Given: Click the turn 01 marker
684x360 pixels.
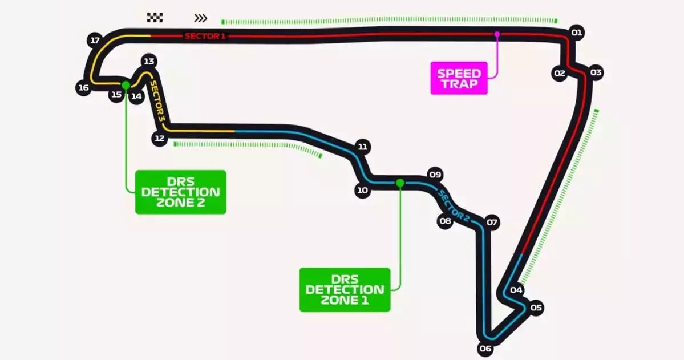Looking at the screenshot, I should [x=576, y=33].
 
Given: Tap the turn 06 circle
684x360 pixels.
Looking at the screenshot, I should [x=485, y=349].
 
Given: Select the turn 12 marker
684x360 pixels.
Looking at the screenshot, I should [x=159, y=138].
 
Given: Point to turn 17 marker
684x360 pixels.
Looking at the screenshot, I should [x=95, y=41].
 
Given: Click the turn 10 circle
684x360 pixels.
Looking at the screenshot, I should [x=362, y=190].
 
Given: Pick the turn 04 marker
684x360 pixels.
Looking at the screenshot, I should [x=516, y=290].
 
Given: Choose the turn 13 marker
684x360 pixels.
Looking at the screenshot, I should [x=149, y=61].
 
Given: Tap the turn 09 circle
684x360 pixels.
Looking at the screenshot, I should [x=435, y=175].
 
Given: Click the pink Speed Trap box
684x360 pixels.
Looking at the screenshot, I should [x=459, y=78].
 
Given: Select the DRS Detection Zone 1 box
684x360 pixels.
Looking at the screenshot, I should [x=345, y=290].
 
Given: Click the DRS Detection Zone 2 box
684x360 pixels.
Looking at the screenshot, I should [x=180, y=192].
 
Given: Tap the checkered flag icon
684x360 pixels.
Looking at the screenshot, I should [x=155, y=18].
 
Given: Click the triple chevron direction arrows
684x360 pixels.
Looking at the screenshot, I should [x=200, y=18].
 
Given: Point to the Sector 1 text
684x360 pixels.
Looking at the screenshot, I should [x=205, y=37].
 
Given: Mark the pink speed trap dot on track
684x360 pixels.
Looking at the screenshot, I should [x=497, y=34].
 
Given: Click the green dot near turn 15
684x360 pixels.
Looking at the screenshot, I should [x=126, y=85].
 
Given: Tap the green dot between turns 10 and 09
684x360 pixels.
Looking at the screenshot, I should [x=400, y=183].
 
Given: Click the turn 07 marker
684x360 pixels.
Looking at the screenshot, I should [x=492, y=223].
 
